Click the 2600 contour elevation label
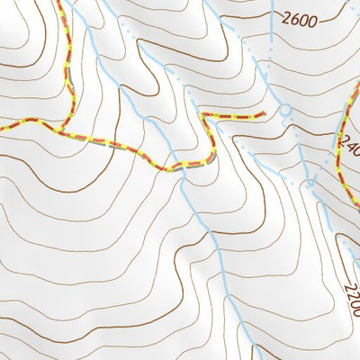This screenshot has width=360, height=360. click(299, 19)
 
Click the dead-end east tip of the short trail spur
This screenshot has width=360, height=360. click(264, 114)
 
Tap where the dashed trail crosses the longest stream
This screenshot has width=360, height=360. click(183, 166)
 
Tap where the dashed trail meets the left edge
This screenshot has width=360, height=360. click(2, 130)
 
